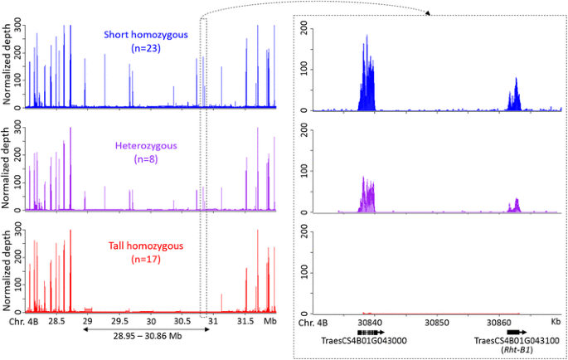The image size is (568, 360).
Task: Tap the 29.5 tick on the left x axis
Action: point(120,320)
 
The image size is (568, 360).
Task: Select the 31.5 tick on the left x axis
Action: point(245,320)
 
